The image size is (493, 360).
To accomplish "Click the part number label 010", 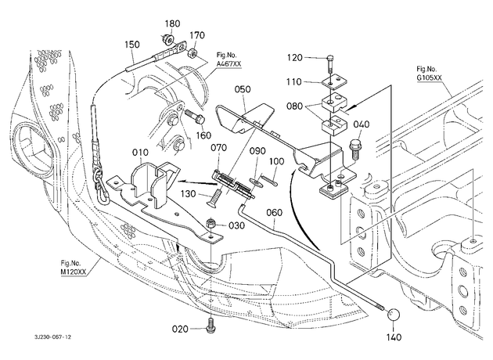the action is coord(140,153).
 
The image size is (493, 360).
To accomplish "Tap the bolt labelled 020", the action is coord(211,325).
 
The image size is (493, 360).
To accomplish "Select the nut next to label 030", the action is coord(211,225).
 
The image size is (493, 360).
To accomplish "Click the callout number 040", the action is coord(362,124).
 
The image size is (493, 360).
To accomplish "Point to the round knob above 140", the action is coord(394,315).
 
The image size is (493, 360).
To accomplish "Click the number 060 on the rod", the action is coord(274,213).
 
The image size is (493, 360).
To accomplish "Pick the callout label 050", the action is coord(243,89).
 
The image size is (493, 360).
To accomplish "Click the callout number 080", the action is coord(294,106).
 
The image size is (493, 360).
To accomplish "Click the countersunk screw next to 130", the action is coord(214,197).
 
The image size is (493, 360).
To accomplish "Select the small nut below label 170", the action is coord(193,52).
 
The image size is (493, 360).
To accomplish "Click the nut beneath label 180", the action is coord(167,39).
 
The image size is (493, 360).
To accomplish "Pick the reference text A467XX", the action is coord(229,64).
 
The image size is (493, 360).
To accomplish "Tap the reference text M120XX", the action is coord(74,271).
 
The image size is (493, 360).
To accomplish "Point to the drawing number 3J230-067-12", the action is coord(53,337).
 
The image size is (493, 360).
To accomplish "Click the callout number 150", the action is coord(131,45).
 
